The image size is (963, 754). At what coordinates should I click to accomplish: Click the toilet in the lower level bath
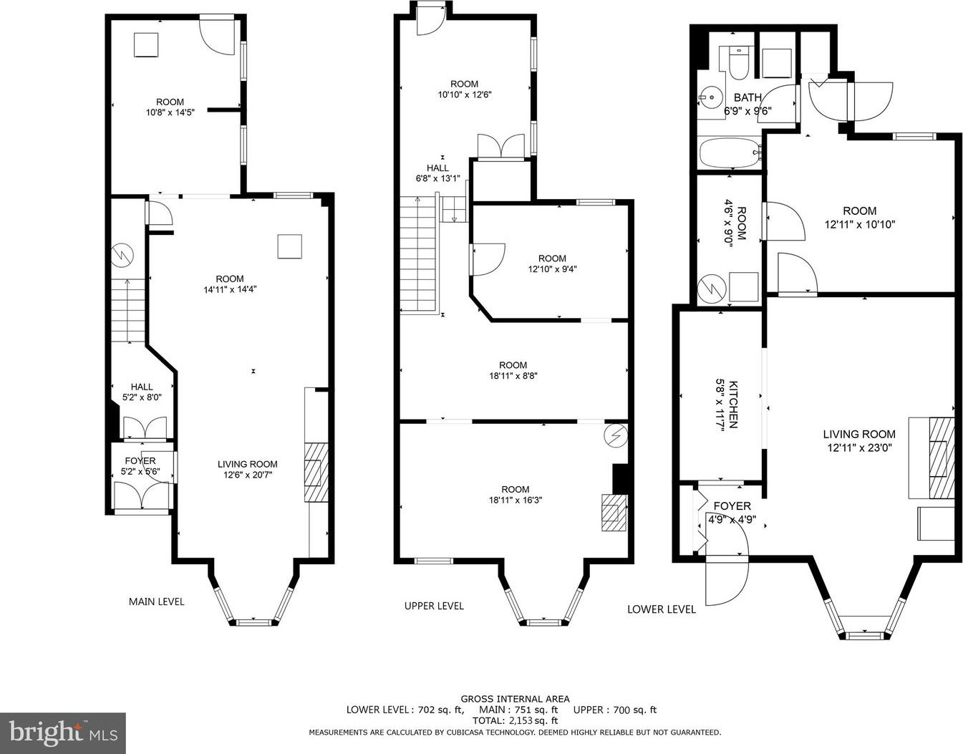pos(738,64)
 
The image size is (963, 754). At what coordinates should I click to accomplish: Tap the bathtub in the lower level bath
pos(730,153)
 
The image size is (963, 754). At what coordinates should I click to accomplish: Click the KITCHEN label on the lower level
pos(733,404)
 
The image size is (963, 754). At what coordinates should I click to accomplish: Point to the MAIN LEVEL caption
pos(156,601)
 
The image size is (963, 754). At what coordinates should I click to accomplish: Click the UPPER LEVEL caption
pos(434,606)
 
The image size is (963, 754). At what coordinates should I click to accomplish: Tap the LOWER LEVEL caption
pos(661,609)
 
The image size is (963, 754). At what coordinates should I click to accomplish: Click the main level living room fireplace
pos(316,473)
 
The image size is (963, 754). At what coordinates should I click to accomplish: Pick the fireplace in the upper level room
pos(614,512)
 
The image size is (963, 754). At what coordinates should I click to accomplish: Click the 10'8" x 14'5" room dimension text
pos(170,112)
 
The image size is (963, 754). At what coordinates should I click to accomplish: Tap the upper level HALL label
pos(437,168)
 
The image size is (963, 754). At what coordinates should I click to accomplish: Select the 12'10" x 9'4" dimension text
pos(552,269)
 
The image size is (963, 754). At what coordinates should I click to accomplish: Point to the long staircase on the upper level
pos(419,254)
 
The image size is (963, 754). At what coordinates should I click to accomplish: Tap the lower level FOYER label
pos(732,506)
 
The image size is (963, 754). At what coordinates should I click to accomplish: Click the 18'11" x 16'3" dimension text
pos(515,500)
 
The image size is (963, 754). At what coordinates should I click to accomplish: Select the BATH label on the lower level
pos(747,97)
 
